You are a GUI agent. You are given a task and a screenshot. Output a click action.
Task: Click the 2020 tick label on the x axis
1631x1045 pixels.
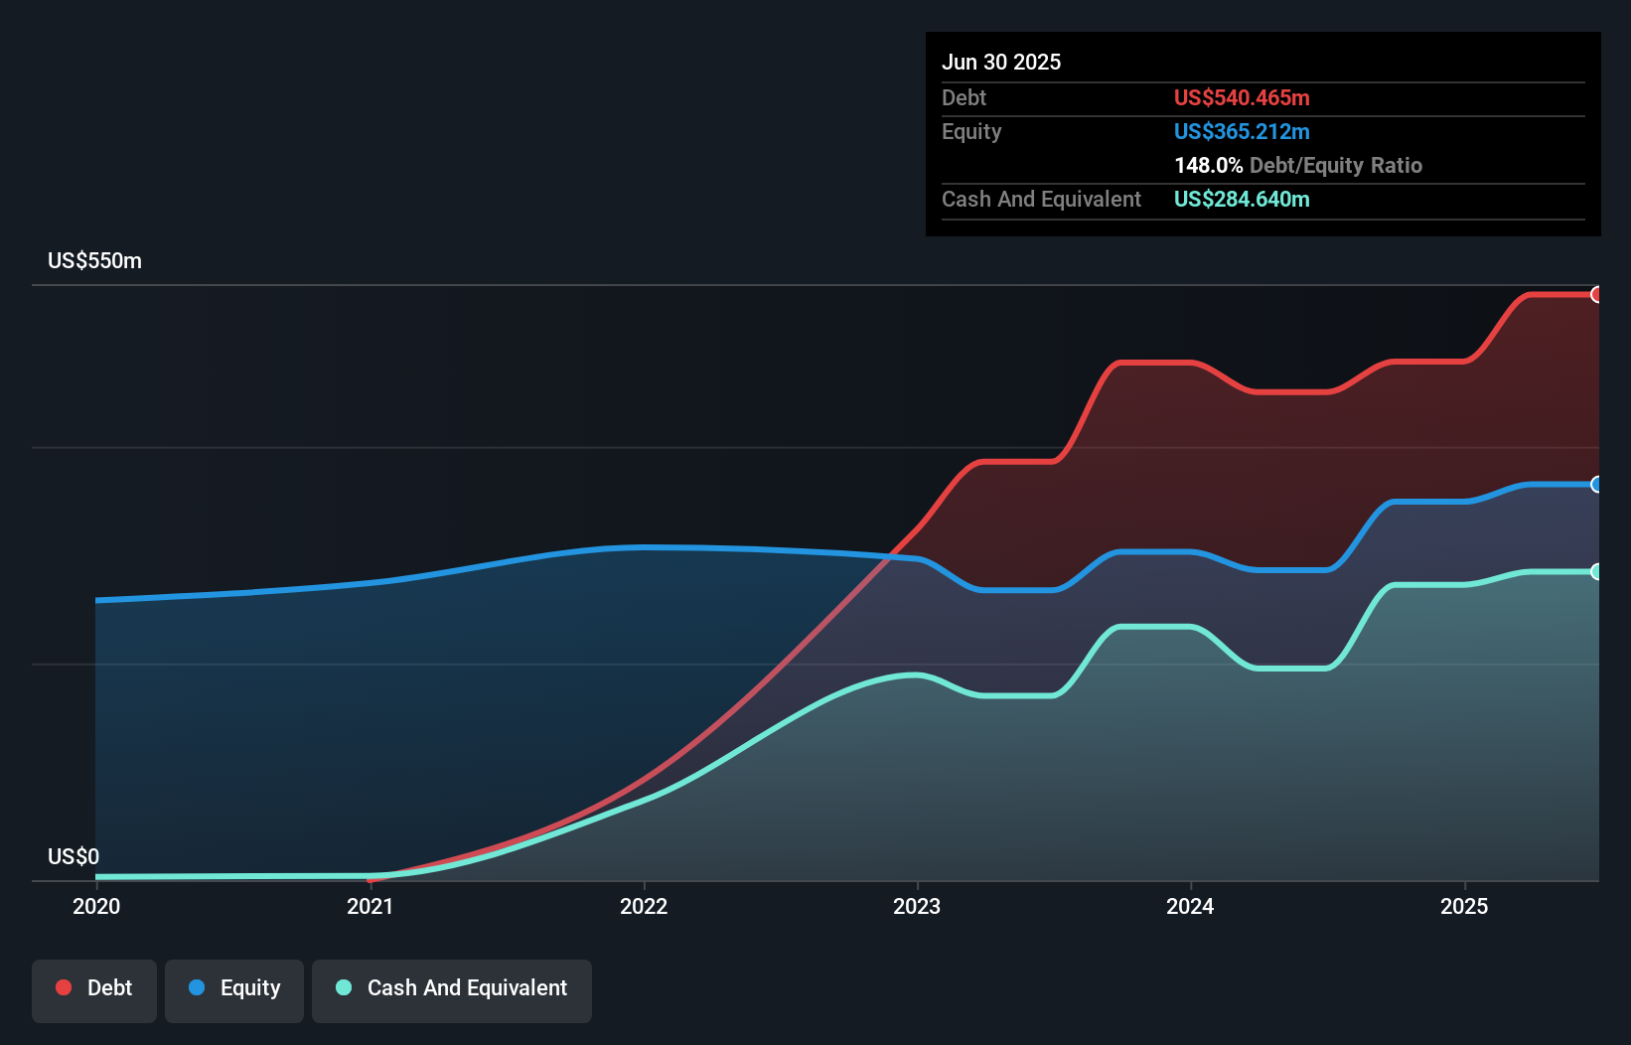pyautogui.click(x=96, y=906)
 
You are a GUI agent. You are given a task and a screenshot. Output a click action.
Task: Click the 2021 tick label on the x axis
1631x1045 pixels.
pyautogui.click(x=370, y=906)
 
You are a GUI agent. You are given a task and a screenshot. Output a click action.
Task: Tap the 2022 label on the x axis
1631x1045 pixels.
pyautogui.click(x=644, y=906)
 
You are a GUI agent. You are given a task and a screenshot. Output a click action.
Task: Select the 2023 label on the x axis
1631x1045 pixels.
pyautogui.click(x=917, y=906)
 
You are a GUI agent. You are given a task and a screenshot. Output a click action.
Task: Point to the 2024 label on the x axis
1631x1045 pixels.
pyautogui.click(x=1190, y=906)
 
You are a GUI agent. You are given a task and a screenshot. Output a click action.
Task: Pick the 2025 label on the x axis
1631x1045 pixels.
pyautogui.click(x=1464, y=906)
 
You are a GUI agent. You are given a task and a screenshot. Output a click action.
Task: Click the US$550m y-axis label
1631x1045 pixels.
pyautogui.click(x=94, y=261)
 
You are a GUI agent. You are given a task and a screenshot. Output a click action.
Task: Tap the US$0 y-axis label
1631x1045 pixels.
pyautogui.click(x=74, y=856)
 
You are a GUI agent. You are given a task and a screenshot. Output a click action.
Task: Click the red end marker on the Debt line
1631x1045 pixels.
pyautogui.click(x=1597, y=294)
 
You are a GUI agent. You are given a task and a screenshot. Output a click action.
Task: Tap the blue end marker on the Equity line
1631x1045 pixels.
pyautogui.click(x=1597, y=485)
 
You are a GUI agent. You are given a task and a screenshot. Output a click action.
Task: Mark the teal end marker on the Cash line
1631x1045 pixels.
pyautogui.click(x=1597, y=571)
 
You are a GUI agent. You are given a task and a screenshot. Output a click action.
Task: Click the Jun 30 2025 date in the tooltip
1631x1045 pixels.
pyautogui.click(x=1001, y=62)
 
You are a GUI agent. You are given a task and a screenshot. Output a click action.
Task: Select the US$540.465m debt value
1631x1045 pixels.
pyautogui.click(x=1242, y=97)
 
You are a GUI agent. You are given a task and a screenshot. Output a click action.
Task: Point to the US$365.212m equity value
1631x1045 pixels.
pyautogui.click(x=1242, y=131)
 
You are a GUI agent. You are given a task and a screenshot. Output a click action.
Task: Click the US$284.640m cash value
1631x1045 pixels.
pyautogui.click(x=1242, y=199)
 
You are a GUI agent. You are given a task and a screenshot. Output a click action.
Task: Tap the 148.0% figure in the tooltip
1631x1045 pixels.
pyautogui.click(x=1208, y=165)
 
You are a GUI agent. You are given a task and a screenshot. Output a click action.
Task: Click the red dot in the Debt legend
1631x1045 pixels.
pyautogui.click(x=64, y=987)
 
